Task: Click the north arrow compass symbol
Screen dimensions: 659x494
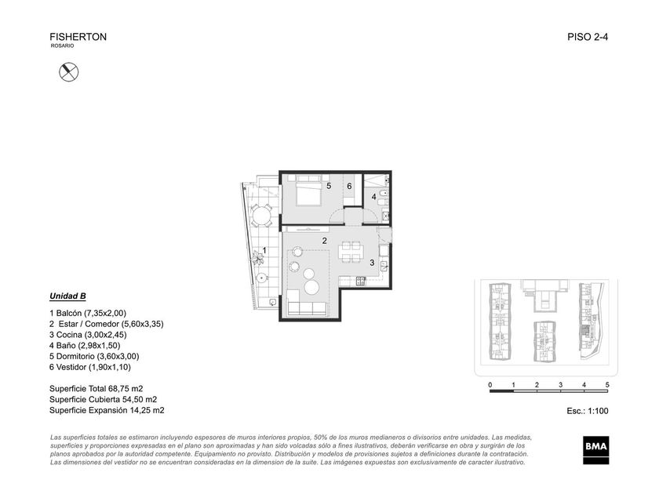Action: pos(68,72)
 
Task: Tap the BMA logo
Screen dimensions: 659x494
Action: pos(596,450)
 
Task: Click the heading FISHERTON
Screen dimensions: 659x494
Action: pos(78,37)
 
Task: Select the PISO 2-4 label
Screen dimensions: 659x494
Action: pos(588,37)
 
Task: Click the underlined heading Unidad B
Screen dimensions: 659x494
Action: pos(67,296)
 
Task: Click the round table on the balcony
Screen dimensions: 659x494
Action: pos(261,216)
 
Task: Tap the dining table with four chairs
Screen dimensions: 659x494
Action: pos(350,251)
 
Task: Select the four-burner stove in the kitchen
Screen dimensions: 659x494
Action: pos(361,281)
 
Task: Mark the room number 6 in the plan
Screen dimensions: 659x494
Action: pos(349,186)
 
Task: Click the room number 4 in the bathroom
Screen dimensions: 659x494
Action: pos(373,197)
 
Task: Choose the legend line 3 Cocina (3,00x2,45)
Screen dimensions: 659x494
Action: pos(88,335)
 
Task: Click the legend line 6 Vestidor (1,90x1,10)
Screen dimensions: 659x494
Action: pos(90,367)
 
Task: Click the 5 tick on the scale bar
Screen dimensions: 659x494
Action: pos(607,385)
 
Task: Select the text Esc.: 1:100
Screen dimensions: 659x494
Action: pos(588,411)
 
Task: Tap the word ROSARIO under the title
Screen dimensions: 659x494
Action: pos(62,45)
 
